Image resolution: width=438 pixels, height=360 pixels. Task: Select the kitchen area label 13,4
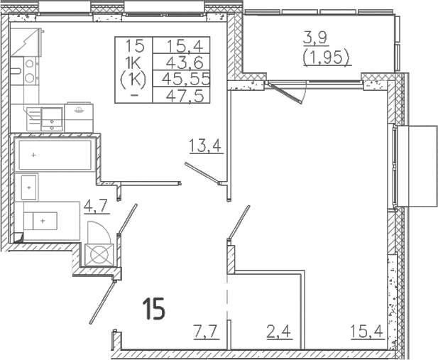pos(206,147)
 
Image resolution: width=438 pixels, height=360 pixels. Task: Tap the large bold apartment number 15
pos(153,309)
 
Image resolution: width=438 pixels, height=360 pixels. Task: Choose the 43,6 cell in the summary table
pos(184,62)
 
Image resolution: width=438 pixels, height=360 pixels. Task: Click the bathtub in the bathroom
pos(54,154)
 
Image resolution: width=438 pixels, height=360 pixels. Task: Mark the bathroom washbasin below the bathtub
pos(28,187)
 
